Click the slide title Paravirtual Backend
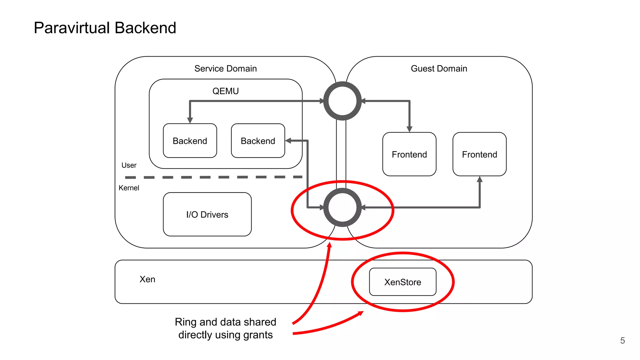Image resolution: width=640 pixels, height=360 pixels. (x=105, y=28)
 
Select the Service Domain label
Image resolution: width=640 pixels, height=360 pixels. (x=225, y=68)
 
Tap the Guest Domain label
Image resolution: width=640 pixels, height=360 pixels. (x=439, y=68)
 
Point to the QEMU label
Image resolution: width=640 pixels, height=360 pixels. (x=225, y=91)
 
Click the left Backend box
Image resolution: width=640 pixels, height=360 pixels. (x=190, y=141)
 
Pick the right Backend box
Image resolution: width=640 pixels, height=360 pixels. (x=258, y=141)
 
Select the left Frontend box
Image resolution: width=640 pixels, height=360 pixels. (x=409, y=154)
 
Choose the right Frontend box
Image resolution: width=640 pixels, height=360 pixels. (x=479, y=154)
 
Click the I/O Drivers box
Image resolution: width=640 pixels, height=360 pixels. (x=207, y=214)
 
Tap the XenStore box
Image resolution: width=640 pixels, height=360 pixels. (x=402, y=282)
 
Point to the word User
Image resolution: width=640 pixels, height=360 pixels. (x=129, y=165)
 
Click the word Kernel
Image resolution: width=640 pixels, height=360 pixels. (x=129, y=188)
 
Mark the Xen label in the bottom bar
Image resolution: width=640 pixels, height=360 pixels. (x=147, y=279)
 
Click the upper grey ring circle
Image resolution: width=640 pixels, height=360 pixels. (x=342, y=101)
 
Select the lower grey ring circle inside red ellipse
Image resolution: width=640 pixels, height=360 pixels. (x=342, y=207)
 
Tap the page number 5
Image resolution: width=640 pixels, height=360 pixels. (x=622, y=341)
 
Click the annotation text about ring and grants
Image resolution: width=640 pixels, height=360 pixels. (x=225, y=328)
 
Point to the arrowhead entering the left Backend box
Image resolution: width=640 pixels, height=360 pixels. (x=190, y=121)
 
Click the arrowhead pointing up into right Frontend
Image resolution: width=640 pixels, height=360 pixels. (x=480, y=179)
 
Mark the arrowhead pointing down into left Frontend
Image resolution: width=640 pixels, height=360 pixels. (x=409, y=129)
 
